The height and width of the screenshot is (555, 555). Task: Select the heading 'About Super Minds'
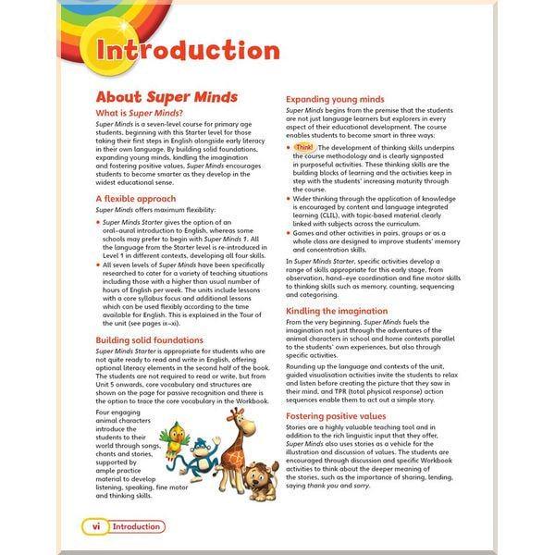pyautogui.click(x=166, y=96)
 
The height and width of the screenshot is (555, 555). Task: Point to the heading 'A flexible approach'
pyautogui.click(x=135, y=198)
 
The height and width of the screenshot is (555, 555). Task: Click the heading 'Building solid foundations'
pyautogui.click(x=149, y=340)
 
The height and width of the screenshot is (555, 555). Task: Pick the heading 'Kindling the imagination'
pyautogui.click(x=337, y=311)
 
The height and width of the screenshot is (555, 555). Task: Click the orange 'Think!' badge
pyautogui.click(x=303, y=147)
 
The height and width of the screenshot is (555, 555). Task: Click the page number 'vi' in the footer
pyautogui.click(x=94, y=526)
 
